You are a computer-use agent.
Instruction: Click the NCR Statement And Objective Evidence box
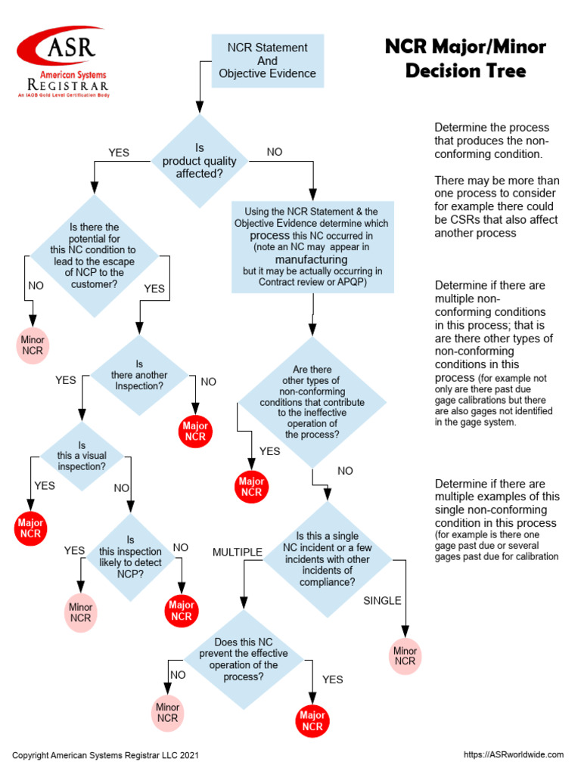point(267,60)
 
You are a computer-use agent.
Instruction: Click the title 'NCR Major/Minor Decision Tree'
point(465,59)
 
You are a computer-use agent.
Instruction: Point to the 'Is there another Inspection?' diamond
point(139,375)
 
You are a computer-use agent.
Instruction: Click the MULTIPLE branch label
point(237,552)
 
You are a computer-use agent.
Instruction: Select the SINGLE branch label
point(382,601)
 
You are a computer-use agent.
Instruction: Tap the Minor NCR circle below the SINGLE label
point(405,655)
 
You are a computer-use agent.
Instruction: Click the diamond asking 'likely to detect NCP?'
point(131,556)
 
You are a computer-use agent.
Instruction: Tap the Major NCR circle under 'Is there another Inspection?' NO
point(195,431)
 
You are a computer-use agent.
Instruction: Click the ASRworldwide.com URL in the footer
point(513,754)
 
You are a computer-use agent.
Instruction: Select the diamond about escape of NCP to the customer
point(95,255)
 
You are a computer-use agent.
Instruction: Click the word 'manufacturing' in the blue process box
point(311,259)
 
